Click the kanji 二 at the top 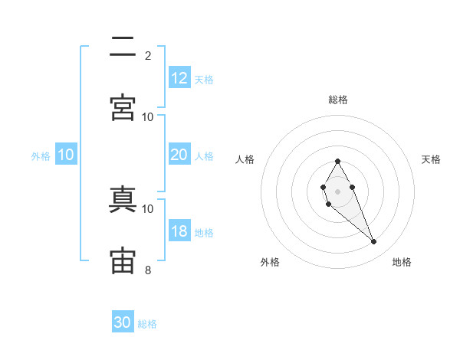(123, 47)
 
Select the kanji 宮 (123, 107)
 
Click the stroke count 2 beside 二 (148, 55)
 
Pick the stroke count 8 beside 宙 (148, 270)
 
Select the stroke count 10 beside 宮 (148, 116)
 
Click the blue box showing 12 (179, 78)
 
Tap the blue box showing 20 (179, 155)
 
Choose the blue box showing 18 (179, 231)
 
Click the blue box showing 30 (123, 322)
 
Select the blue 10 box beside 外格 (66, 155)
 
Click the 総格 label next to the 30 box (147, 324)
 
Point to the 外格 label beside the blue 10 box (41, 156)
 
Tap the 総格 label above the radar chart (337, 100)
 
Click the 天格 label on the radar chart (431, 159)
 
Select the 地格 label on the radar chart (402, 262)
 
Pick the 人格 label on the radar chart (245, 159)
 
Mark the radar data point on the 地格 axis (374, 242)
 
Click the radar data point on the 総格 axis (337, 161)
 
